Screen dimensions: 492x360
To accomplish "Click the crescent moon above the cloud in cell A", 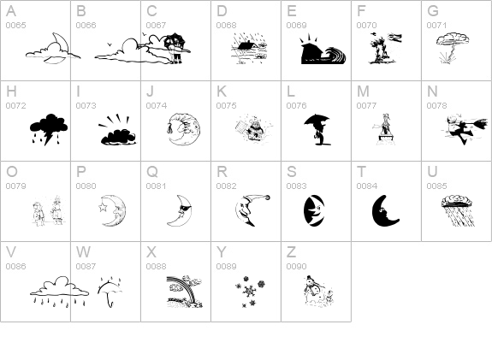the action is (x=63, y=44).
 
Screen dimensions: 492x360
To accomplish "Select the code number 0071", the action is (x=436, y=26).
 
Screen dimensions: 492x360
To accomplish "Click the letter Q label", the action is (x=151, y=172).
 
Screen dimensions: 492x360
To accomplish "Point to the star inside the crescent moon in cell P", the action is (x=103, y=207).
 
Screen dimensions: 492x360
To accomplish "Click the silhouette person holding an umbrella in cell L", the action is (x=317, y=129).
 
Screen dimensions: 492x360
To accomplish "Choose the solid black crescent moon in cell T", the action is (x=384, y=210).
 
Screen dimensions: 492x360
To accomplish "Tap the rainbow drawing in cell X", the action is (x=185, y=292).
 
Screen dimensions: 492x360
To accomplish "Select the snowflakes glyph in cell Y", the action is (x=251, y=292).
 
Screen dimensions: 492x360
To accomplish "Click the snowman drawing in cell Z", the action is (x=317, y=291).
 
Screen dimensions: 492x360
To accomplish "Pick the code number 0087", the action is (x=86, y=267).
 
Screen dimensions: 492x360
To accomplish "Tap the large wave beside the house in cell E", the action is (x=335, y=56).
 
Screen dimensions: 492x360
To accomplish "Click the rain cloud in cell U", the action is (x=457, y=210).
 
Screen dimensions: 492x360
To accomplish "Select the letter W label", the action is (x=83, y=252).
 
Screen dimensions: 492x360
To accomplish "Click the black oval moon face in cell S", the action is (x=314, y=210).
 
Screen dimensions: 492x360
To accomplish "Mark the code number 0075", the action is (x=226, y=106).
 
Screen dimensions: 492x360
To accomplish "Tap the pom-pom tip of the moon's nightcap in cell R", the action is (x=268, y=198).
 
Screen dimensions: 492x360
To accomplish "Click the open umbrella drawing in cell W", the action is (x=110, y=292).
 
